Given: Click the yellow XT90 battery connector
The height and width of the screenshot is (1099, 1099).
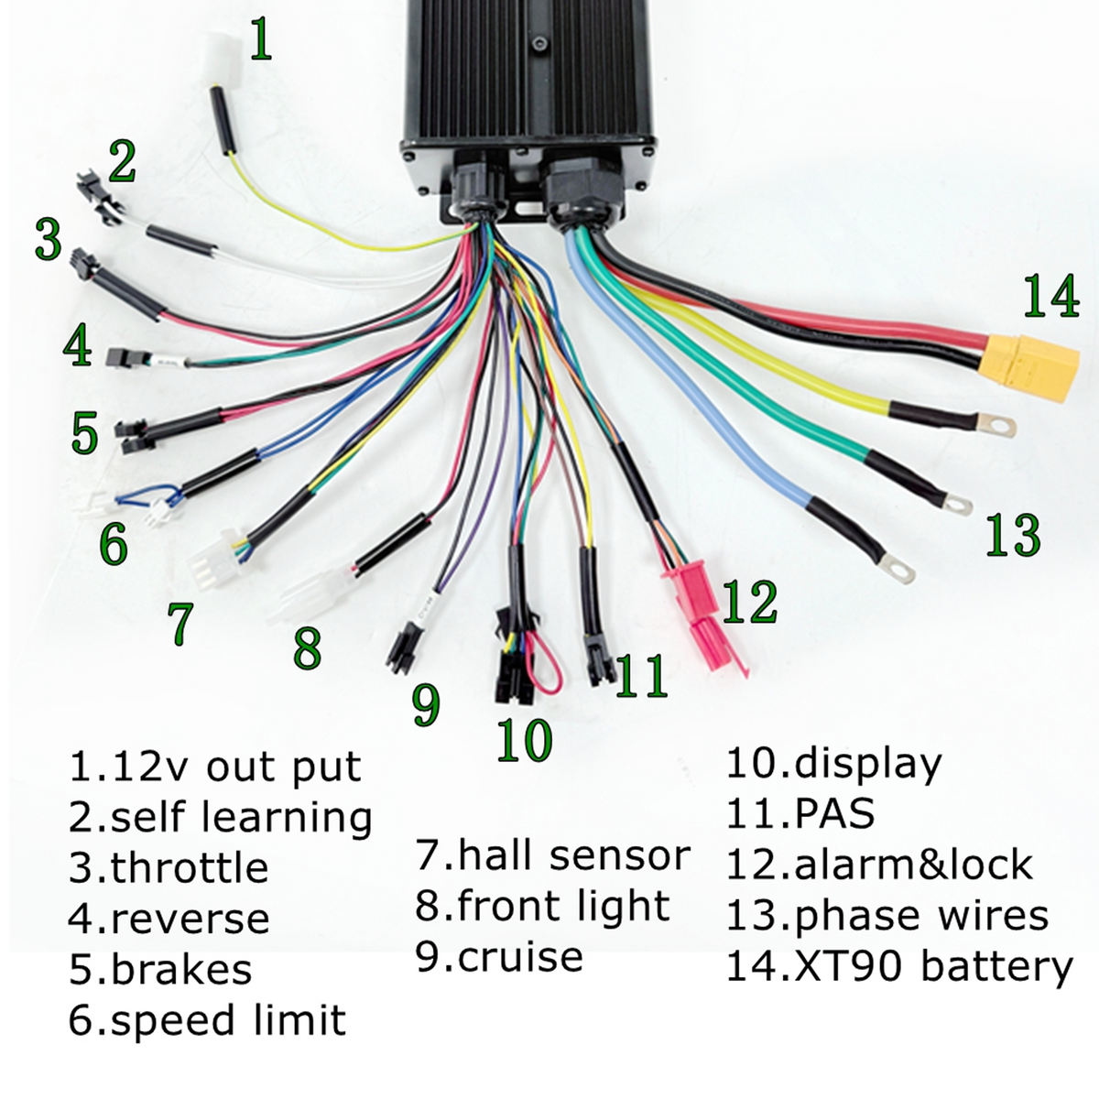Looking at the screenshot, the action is [x=1030, y=365].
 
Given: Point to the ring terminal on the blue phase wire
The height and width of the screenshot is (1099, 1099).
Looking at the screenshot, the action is [x=898, y=568].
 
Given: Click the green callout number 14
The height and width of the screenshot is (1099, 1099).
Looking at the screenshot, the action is [x=1051, y=296].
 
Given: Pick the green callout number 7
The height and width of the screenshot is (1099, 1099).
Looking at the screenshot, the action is [x=180, y=624].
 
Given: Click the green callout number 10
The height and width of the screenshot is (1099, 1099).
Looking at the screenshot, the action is [x=524, y=740].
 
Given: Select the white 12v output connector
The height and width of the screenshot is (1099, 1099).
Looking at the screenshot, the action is [x=222, y=60].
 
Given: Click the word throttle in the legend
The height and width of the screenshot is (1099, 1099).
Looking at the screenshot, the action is [x=189, y=867].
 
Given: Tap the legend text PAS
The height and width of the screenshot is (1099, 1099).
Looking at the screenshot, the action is [x=833, y=813].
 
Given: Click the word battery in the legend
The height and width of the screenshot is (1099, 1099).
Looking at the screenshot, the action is [x=997, y=968].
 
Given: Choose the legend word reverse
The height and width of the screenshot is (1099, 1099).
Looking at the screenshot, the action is [x=190, y=919].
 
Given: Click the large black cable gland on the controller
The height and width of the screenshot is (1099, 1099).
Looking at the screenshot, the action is [x=582, y=191].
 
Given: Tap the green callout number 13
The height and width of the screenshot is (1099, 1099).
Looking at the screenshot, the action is [x=1014, y=534].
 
